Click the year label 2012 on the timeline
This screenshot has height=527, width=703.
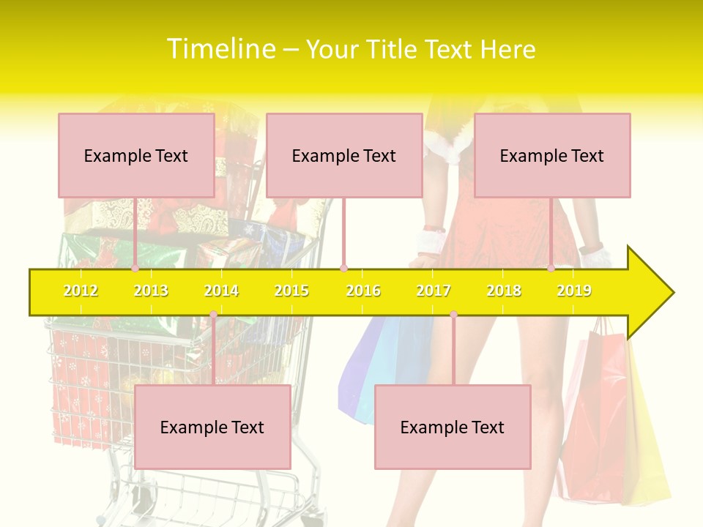[81, 291]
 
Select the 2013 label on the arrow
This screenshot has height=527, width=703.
[151, 291]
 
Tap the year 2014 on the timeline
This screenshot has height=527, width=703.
[221, 291]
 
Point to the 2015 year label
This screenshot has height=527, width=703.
[291, 291]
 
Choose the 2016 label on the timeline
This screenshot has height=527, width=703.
[363, 291]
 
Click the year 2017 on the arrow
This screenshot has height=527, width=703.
[434, 291]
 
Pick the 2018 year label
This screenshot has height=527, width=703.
[504, 291]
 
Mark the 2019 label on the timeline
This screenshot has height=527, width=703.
[574, 291]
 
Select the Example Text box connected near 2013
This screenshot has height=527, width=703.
[136, 155]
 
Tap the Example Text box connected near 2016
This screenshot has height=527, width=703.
[344, 155]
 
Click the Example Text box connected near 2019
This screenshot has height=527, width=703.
[552, 155]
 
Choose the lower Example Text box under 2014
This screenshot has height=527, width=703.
[212, 427]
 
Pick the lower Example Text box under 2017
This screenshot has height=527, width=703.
[453, 427]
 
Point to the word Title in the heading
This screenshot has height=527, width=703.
[395, 49]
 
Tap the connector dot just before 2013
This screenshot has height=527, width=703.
[135, 269]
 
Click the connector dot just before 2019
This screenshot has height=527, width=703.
[551, 269]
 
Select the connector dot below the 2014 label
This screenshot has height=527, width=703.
[213, 315]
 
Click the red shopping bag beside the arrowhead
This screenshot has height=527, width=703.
[597, 432]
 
